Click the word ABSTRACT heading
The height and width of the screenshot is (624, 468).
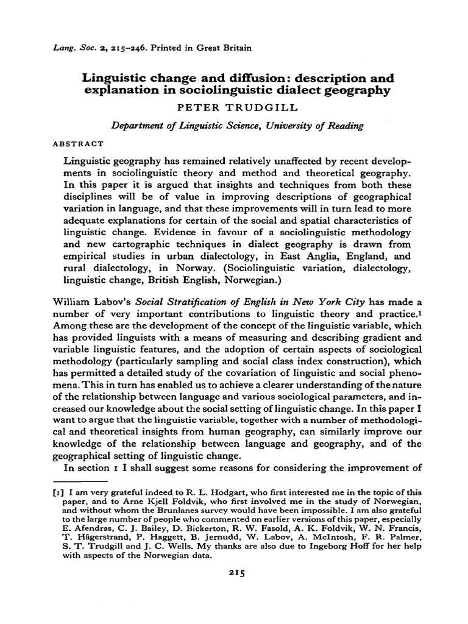pyautogui.click(x=79, y=144)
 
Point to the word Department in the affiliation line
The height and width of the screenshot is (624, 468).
pyautogui.click(x=137, y=126)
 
